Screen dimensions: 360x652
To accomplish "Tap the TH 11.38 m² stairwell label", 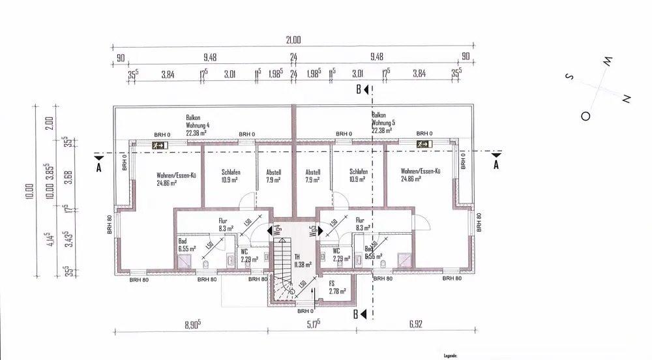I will tap(302, 261).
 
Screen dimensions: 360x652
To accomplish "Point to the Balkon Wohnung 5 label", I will tap(383, 122).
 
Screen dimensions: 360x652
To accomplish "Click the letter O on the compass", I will tap(585, 116).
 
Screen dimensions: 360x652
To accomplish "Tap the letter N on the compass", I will tap(626, 99).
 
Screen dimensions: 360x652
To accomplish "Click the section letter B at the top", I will tap(359, 91).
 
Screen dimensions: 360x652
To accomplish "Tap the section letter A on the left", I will tap(98, 166).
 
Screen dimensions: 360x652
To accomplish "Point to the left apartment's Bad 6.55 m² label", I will tap(187, 245).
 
